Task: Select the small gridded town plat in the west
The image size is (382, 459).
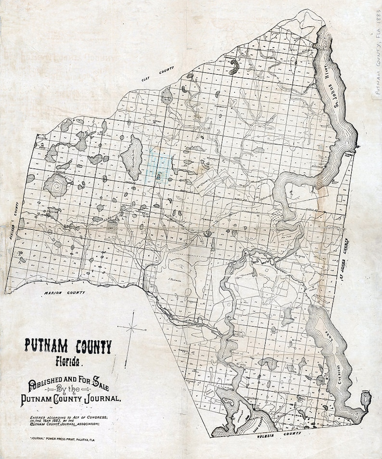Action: [112, 224]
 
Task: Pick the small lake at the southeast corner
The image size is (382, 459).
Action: [366, 399]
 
